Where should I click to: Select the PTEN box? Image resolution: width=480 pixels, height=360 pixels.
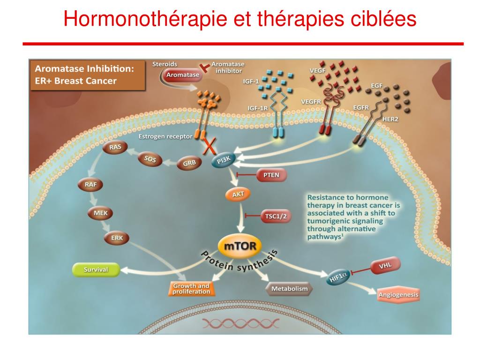pos(271,175)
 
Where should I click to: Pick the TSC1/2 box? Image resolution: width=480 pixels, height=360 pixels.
pos(275,216)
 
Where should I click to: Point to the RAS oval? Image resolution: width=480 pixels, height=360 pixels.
pos(115,147)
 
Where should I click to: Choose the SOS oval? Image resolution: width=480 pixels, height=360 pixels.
pos(150,159)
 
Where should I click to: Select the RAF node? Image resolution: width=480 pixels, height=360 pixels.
pos(91,185)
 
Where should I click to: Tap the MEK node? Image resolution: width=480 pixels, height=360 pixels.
pos(100,213)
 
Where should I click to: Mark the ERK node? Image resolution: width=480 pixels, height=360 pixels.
pos(117,238)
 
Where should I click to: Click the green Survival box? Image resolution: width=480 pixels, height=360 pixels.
pos(96,270)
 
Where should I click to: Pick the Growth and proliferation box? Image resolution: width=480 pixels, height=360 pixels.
pos(191,289)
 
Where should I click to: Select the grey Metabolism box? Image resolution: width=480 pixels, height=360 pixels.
pos(289,289)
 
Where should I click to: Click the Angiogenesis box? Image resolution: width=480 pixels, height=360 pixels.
pos(399,295)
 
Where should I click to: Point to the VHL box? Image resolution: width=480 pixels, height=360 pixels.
pos(386,266)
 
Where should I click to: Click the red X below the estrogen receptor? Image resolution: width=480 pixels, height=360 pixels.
pos(209,146)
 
